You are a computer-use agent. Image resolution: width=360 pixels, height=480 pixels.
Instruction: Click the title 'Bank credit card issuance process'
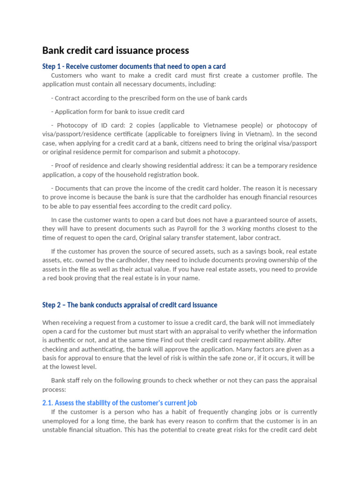click(x=115, y=50)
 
